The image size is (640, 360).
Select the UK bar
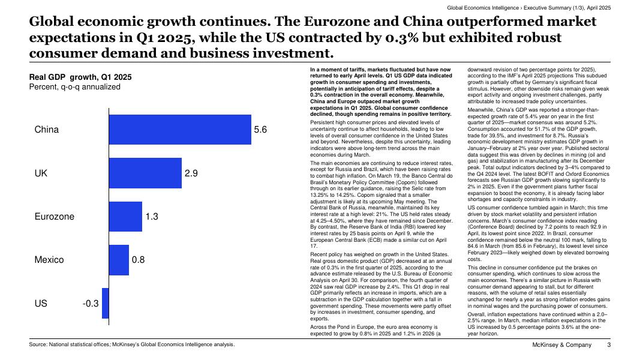pos(145,173)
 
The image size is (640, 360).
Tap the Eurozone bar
pos(125,217)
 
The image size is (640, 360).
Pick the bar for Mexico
pos(119,260)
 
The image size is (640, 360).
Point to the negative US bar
pos(106,304)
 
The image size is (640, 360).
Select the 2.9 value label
pos(191,173)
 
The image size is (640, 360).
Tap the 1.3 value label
pos(151,217)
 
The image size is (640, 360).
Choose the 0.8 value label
pos(138,260)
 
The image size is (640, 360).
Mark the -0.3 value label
pos(90,304)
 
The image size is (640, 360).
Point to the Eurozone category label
pos(55,217)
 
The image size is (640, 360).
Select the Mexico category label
pos(49,260)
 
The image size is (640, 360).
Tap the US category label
pos(41,304)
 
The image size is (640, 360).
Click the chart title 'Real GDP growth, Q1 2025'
pos(80,77)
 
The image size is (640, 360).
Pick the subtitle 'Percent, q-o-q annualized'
pos(74,87)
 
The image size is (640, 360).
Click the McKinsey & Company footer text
pos(562,345)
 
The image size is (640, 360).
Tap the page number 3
pos(609,345)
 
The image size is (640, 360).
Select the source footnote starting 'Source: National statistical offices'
pos(132,344)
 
